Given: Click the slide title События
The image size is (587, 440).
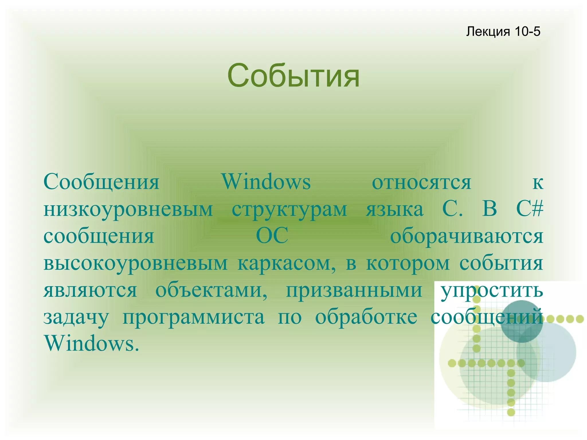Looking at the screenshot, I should point(293,76).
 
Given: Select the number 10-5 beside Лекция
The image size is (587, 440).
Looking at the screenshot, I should point(527,31).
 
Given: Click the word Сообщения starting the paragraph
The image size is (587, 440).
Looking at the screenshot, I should point(101,182).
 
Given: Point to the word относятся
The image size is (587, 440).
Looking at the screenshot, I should point(421,182).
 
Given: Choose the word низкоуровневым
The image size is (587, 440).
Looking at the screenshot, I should point(128,209).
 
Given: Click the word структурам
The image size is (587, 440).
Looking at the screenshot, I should point(289,209).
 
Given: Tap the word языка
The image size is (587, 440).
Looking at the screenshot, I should point(395,209).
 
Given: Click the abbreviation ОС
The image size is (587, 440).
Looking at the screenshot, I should point(272,236).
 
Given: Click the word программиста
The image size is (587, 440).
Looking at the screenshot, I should point(194,317).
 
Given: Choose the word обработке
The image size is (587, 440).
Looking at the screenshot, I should point(366,317).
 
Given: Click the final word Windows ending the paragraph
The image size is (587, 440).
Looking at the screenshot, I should point(91,343).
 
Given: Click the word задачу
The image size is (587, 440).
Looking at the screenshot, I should point(76,317).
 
